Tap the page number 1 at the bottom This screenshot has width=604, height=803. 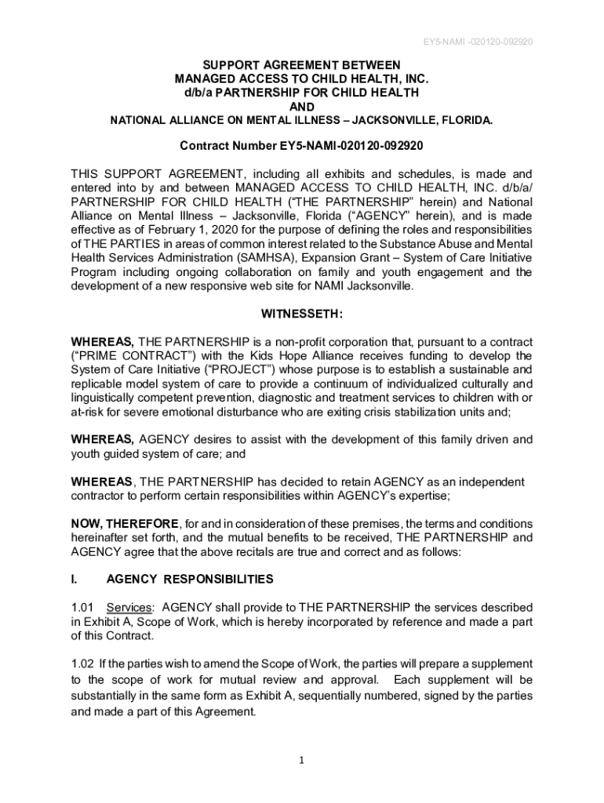pyautogui.click(x=302, y=759)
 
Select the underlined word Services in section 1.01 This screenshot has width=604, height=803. pyautogui.click(x=129, y=608)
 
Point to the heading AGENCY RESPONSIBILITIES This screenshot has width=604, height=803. pyautogui.click(x=190, y=580)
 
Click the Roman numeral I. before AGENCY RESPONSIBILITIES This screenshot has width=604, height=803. pyautogui.click(x=75, y=580)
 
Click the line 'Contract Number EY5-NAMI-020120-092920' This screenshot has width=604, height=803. pyautogui.click(x=302, y=146)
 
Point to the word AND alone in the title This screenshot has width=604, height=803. pyautogui.click(x=302, y=107)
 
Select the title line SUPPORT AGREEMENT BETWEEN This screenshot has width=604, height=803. pyautogui.click(x=302, y=64)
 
